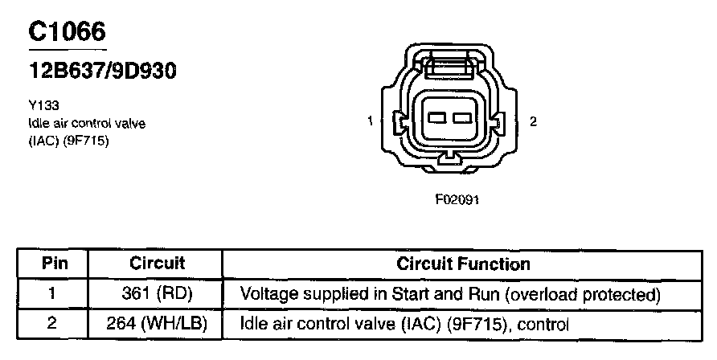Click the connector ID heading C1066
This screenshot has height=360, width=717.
67,31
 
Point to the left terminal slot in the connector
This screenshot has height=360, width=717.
436,119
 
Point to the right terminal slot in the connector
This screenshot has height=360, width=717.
461,119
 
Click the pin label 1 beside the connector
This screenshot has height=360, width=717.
369,121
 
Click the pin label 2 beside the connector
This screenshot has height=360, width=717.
533,121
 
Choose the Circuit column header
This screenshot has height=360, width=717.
157,264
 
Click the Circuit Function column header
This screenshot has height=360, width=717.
463,264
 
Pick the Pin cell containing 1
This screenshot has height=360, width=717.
51,294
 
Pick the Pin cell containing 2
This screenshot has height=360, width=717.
51,325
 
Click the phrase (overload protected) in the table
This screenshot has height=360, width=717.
583,295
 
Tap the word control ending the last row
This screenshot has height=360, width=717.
544,325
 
